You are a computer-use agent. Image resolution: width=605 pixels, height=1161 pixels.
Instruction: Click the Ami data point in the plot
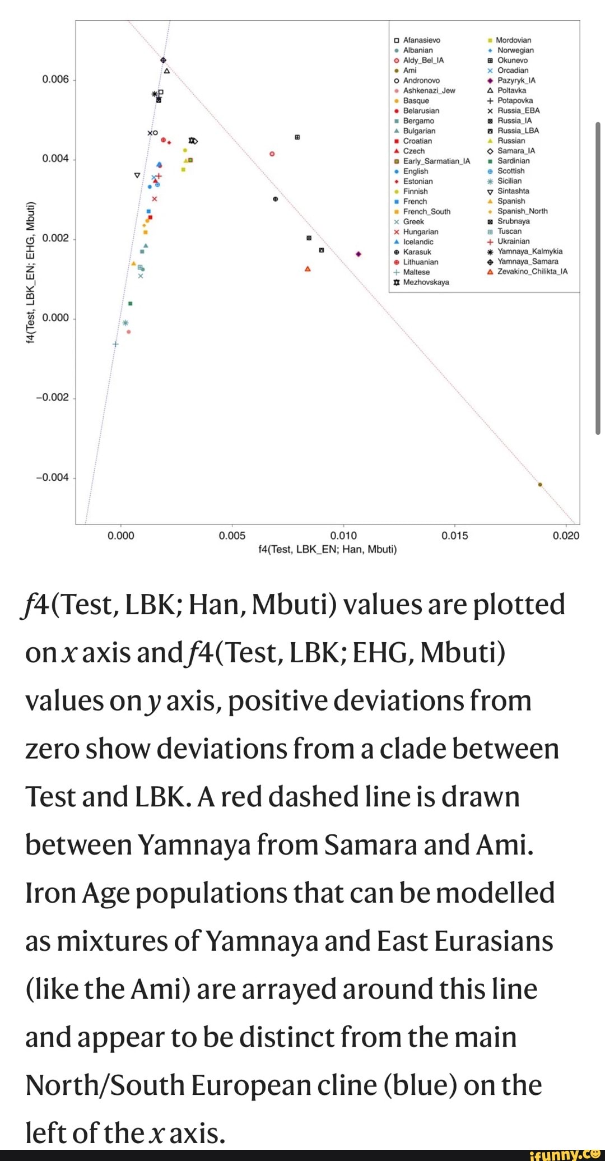(x=540, y=485)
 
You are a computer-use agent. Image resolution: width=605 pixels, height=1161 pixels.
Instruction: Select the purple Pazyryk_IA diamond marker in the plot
(x=359, y=254)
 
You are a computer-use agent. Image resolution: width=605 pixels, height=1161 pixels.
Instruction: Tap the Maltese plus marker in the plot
(x=115, y=344)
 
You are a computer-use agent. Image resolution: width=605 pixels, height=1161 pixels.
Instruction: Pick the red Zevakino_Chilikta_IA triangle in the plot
(x=308, y=269)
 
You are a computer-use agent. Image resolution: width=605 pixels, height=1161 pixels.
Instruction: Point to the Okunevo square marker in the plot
(x=297, y=137)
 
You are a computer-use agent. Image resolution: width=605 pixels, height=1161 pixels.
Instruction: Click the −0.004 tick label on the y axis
(x=52, y=477)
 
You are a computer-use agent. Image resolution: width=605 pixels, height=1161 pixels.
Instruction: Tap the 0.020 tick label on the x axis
(x=566, y=536)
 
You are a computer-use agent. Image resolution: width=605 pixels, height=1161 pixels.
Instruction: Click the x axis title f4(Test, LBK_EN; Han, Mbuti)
(x=327, y=550)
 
